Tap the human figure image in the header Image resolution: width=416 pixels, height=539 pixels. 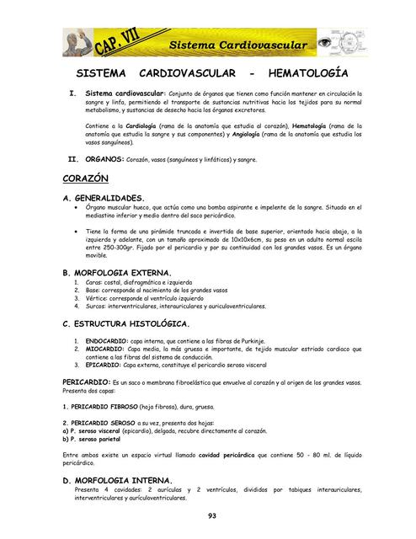pyautogui.click(x=78, y=42)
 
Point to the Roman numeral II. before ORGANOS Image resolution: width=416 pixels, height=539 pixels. pyautogui.click(x=72, y=158)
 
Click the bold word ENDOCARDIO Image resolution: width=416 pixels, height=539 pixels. pyautogui.click(x=106, y=341)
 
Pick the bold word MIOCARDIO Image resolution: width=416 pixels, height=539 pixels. pyautogui.click(x=104, y=349)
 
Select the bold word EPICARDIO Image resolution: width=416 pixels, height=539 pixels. pyautogui.click(x=103, y=365)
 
